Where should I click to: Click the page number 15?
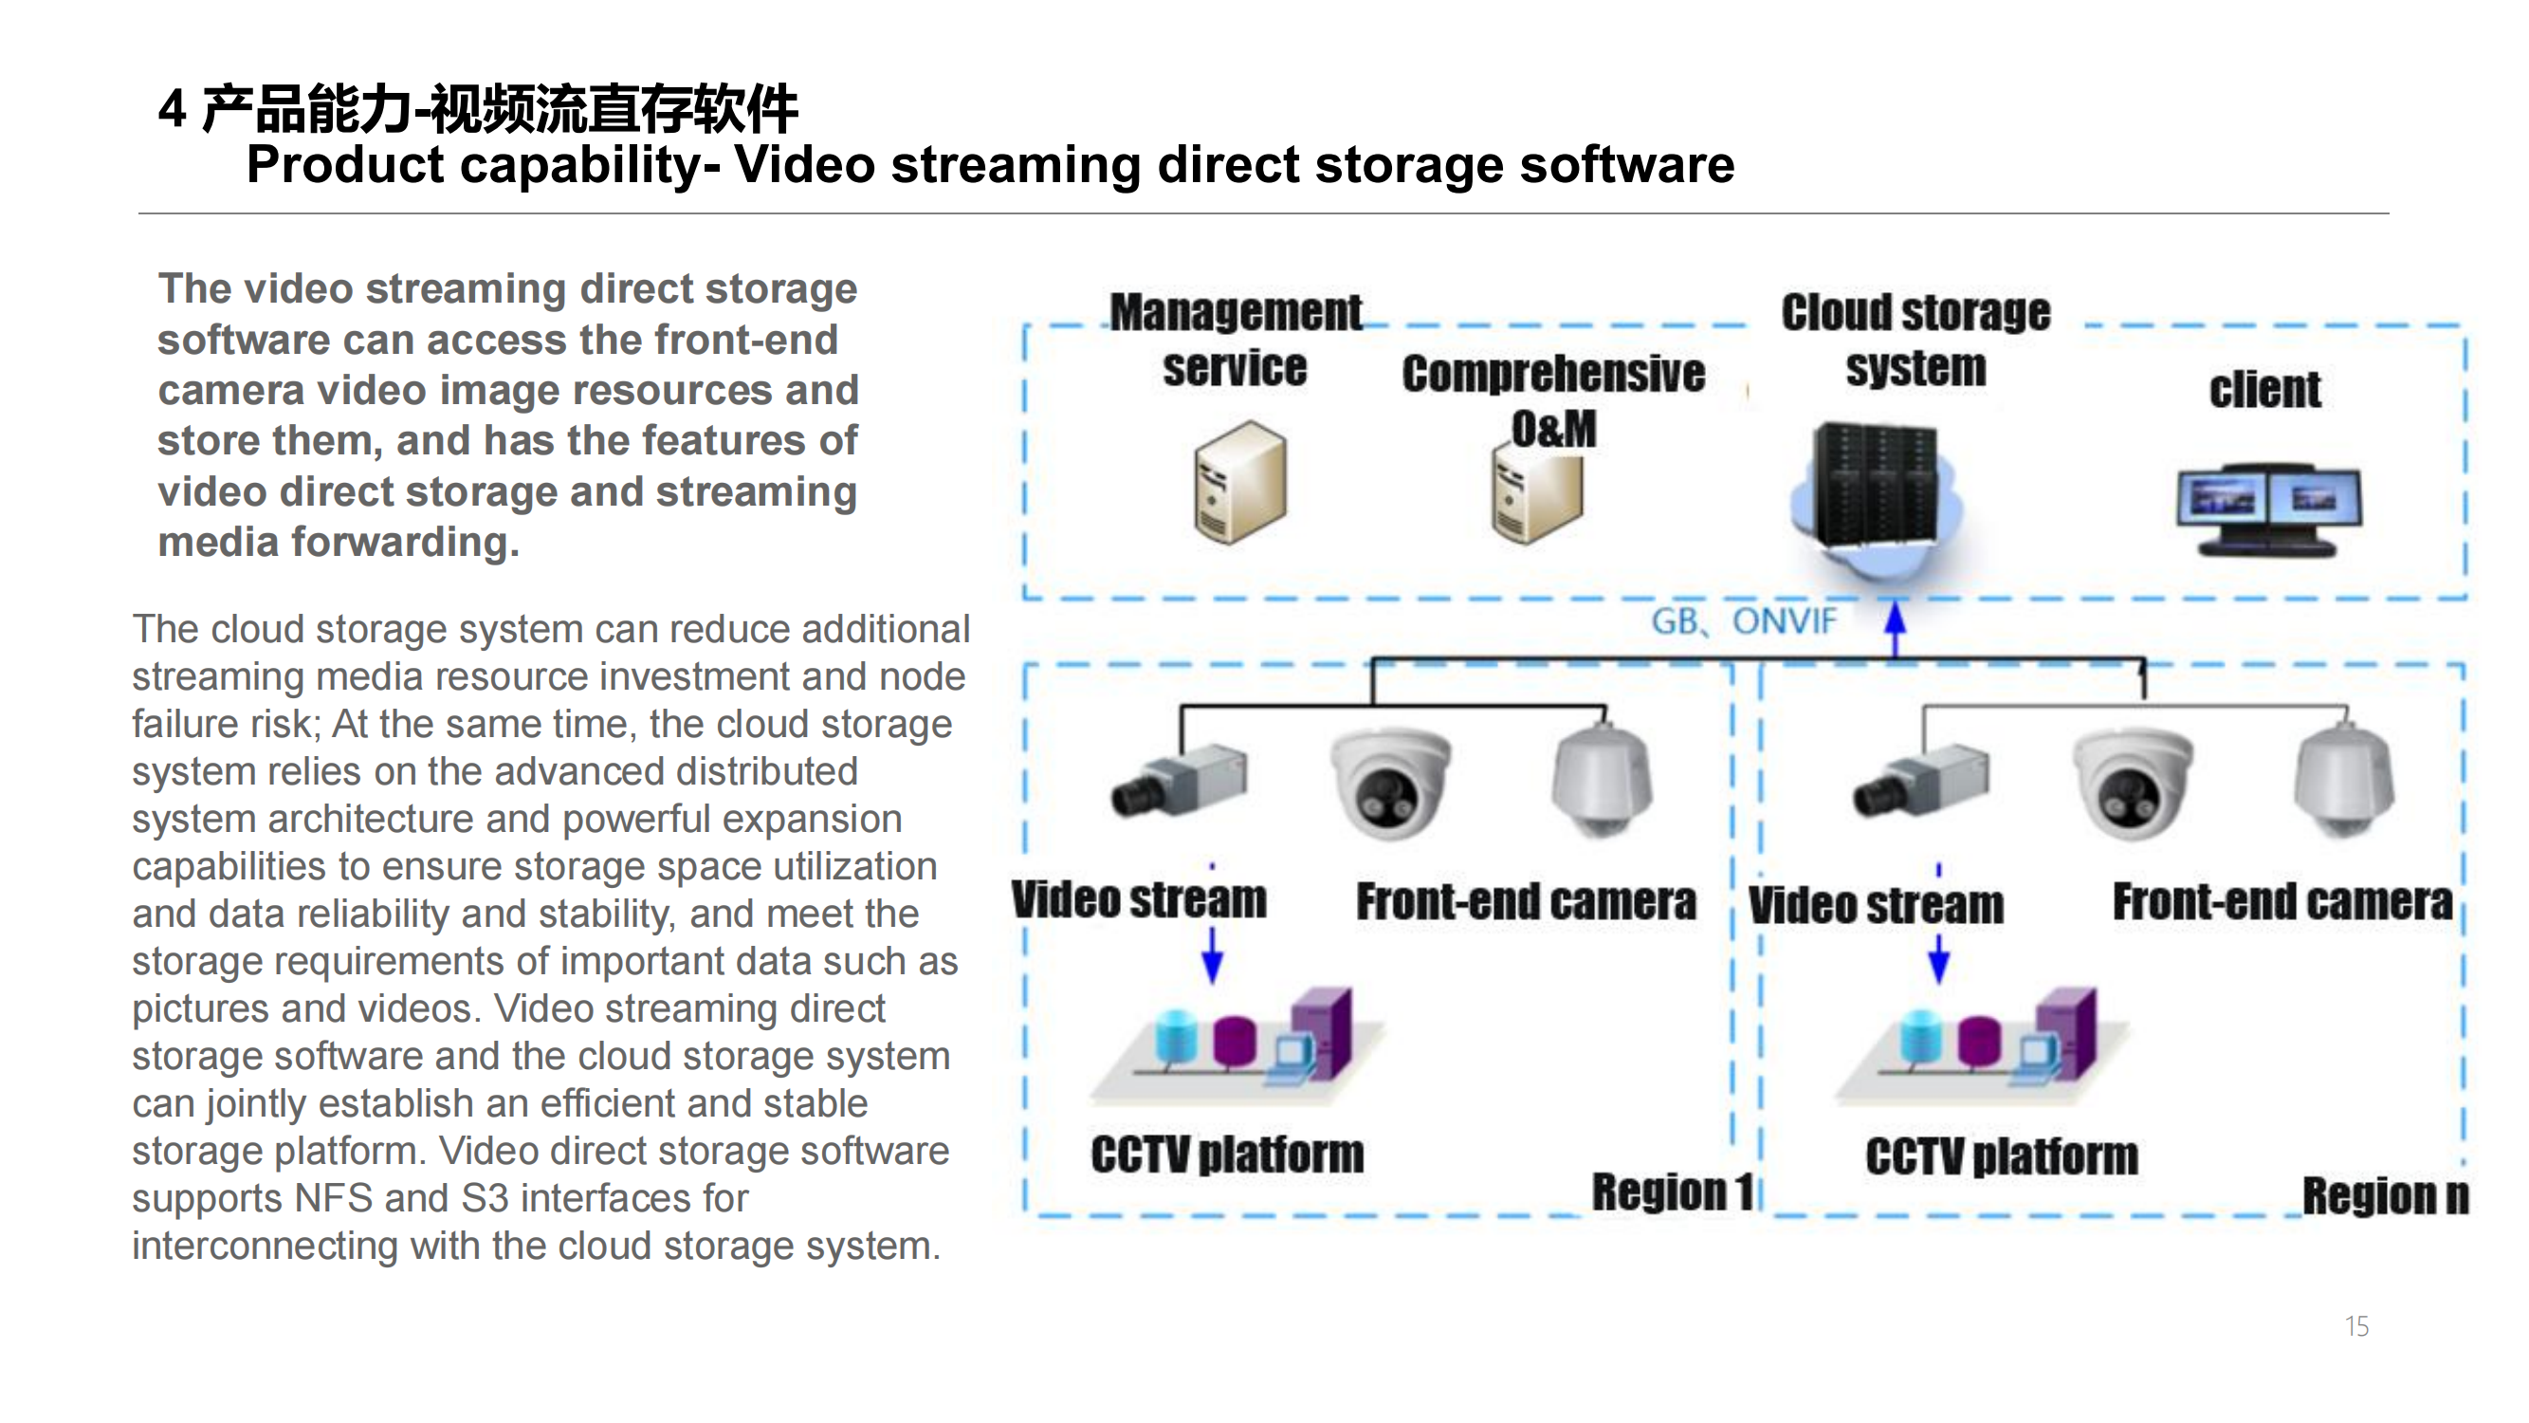point(2356,1327)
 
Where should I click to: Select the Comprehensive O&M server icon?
point(1536,496)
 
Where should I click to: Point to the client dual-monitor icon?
point(2268,508)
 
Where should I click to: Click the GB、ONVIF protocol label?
point(1743,621)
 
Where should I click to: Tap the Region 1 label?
point(1672,1192)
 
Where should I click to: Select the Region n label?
point(2385,1196)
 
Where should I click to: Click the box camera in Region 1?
point(1178,781)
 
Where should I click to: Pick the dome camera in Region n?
point(2133,783)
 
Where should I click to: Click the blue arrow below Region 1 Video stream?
point(1213,954)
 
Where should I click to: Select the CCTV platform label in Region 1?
point(1227,1155)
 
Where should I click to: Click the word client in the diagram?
point(2264,391)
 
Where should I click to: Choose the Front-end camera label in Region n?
point(2282,902)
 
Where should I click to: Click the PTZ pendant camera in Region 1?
point(1603,781)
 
